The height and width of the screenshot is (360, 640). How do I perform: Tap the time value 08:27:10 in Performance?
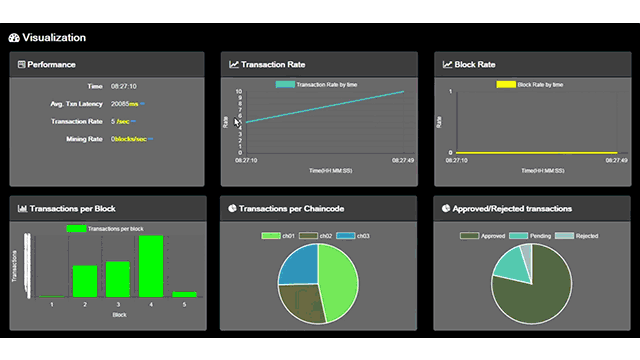click(124, 86)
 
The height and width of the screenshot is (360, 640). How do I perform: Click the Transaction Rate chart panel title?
click(273, 64)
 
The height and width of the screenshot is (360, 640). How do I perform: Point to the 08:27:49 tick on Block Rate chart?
click(617, 159)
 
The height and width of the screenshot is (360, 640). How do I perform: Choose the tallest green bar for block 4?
click(151, 266)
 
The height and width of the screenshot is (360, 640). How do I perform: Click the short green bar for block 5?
click(184, 294)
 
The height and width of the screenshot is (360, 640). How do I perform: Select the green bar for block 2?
click(85, 281)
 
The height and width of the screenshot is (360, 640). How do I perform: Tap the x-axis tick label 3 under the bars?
click(118, 303)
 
